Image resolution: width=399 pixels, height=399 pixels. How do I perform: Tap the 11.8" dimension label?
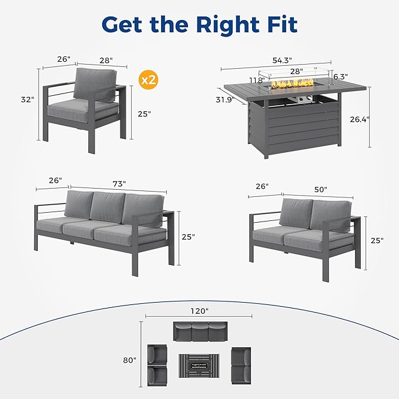(x=256, y=81)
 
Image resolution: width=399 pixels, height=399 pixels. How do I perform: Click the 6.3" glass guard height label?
(x=340, y=77)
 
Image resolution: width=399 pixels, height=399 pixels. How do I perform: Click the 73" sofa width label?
(x=119, y=184)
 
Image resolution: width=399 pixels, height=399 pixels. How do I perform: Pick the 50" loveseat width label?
(x=320, y=189)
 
